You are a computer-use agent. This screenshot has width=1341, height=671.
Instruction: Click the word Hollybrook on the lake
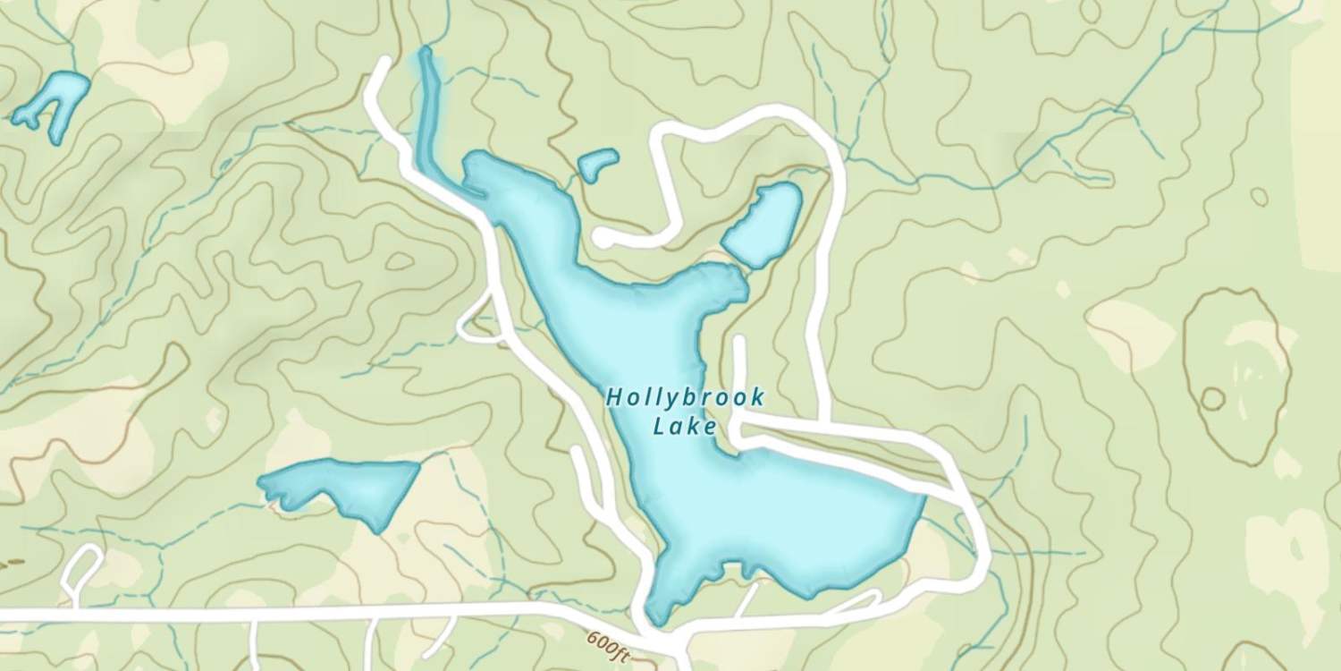click(x=685, y=396)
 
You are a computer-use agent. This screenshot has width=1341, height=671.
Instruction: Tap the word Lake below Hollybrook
click(x=685, y=427)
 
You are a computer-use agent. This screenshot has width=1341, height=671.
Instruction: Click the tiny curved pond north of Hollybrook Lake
click(x=597, y=165)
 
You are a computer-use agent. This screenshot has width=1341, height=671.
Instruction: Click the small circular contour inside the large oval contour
click(x=1212, y=398)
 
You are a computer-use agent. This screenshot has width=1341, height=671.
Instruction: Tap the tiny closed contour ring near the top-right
click(x=1259, y=196)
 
